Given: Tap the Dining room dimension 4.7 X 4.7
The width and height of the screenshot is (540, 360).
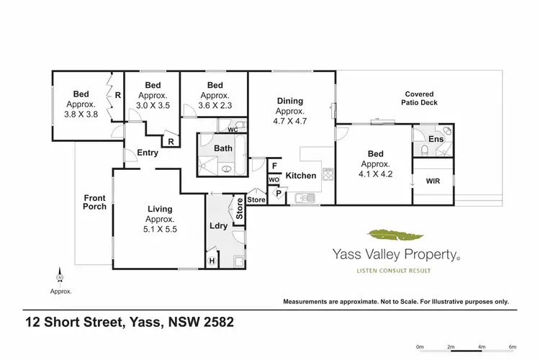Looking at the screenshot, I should pos(290,122).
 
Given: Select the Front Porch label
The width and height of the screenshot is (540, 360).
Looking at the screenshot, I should pos(94,202).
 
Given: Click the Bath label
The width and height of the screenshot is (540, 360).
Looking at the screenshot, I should pos(222,148).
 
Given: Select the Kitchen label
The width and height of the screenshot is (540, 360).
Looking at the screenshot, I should pos(301,176).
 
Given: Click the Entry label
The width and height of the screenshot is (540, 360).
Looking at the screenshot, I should pos(147,153).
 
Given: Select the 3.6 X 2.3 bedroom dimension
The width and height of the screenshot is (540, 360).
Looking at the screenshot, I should pos(215,105).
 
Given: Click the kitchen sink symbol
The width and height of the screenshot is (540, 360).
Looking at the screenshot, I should pos(302,197).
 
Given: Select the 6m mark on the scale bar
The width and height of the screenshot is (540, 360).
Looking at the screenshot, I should pos(512,346).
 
